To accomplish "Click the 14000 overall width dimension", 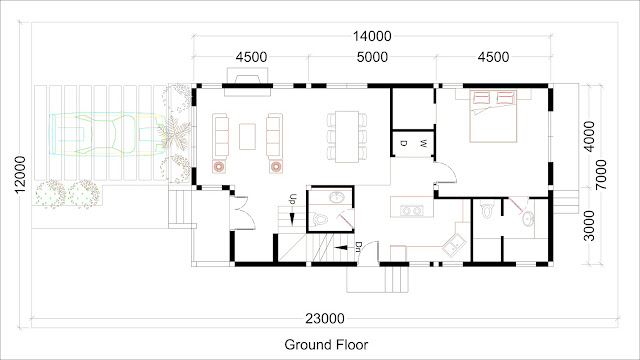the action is (x=372, y=36).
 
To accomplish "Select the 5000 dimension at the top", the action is (x=372, y=57).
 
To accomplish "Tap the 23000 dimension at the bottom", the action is (x=325, y=318).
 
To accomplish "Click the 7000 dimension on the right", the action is (x=601, y=175).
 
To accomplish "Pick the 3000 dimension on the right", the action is (x=589, y=226).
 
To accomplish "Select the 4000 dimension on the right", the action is (x=589, y=136).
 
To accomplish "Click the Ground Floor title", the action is (x=326, y=344).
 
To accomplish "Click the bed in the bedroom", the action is (x=493, y=116).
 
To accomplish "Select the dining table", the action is (x=347, y=137).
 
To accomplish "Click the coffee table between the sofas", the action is (x=247, y=137).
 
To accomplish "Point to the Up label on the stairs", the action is (x=292, y=200).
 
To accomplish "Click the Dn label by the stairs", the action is (x=358, y=247).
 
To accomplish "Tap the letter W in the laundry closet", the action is (x=424, y=143).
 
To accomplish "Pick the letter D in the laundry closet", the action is (x=403, y=143).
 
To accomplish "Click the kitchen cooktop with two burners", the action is (x=412, y=211).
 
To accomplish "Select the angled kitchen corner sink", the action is (x=454, y=244).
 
